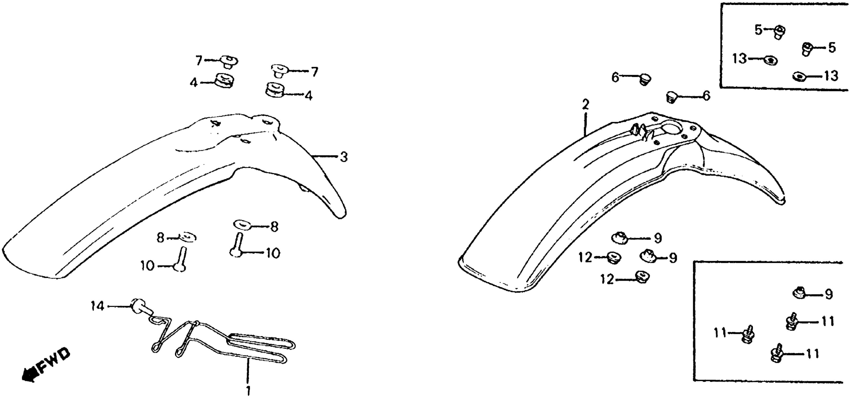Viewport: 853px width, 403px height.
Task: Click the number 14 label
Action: tap(97, 306)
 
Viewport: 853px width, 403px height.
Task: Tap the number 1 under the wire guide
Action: tap(248, 390)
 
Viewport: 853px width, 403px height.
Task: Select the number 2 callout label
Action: tap(585, 105)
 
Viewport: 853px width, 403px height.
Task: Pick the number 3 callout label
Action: tap(344, 157)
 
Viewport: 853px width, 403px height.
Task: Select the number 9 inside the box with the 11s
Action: tap(829, 294)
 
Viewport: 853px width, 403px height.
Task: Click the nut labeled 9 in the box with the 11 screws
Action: tap(799, 293)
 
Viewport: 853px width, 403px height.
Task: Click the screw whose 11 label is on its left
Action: tap(748, 335)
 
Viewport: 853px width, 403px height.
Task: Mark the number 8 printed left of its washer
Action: tap(160, 238)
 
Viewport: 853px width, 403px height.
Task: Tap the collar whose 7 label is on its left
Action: tap(229, 62)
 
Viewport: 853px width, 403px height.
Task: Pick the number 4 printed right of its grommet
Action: tap(308, 96)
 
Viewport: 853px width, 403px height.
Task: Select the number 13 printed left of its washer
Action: tap(739, 59)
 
